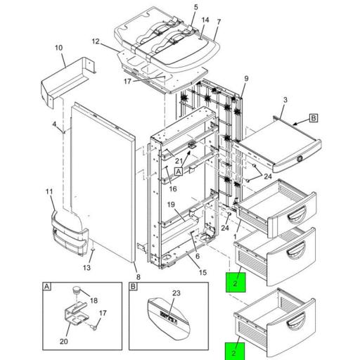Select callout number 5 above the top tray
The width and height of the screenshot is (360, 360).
point(176,7)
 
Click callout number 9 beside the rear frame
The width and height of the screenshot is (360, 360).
point(246,77)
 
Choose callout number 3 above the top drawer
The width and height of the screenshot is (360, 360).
point(284,101)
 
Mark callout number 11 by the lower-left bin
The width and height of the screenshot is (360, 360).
point(49,191)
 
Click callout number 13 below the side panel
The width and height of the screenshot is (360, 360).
point(87,268)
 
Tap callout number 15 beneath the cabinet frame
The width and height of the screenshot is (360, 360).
point(202,273)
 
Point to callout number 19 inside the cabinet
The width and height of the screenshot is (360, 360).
point(171,204)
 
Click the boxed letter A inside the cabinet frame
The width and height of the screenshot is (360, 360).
point(179,171)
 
